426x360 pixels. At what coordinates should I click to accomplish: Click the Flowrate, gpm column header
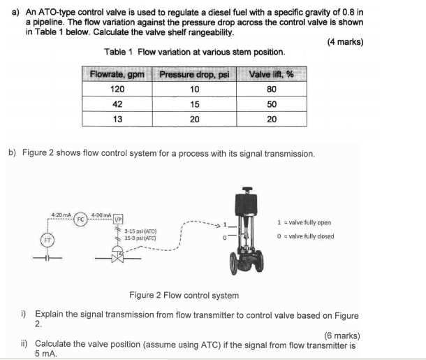pyautogui.click(x=117, y=74)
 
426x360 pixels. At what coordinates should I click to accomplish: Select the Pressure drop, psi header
pyautogui.click(x=194, y=74)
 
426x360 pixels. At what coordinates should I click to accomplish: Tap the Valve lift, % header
pyautogui.click(x=271, y=74)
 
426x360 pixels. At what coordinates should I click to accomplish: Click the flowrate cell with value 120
pyautogui.click(x=117, y=89)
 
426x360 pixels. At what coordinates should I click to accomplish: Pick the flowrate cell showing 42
pyautogui.click(x=117, y=104)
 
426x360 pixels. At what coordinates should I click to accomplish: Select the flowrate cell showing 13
pyautogui.click(x=117, y=119)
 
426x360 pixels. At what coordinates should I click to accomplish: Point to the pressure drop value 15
pyautogui.click(x=194, y=104)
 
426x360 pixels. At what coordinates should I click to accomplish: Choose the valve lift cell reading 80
pyautogui.click(x=272, y=89)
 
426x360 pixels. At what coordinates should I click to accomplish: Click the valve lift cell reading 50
pyautogui.click(x=272, y=104)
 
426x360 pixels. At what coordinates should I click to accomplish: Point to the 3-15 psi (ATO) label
pyautogui.click(x=140, y=231)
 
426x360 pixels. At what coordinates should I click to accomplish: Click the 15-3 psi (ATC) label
pyautogui.click(x=140, y=238)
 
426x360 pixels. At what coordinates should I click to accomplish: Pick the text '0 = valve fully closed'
pyautogui.click(x=305, y=236)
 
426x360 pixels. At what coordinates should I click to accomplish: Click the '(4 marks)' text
pyautogui.click(x=345, y=41)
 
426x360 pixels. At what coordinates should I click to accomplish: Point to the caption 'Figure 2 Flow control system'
pyautogui.click(x=184, y=296)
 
